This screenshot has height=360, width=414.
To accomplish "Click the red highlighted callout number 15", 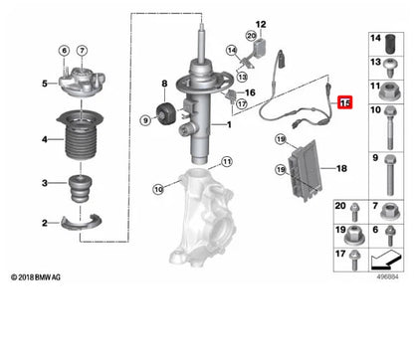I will click(x=345, y=101).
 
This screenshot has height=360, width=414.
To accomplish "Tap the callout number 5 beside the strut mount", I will click(x=43, y=83).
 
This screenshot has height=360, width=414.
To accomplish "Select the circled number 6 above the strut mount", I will click(x=64, y=51).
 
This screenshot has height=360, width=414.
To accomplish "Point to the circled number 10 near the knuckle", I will click(x=158, y=188).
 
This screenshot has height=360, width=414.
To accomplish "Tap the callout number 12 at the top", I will click(x=262, y=24).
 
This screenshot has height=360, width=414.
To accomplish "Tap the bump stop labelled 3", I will click(x=77, y=187).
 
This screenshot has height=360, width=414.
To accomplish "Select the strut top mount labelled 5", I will click(x=75, y=83).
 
